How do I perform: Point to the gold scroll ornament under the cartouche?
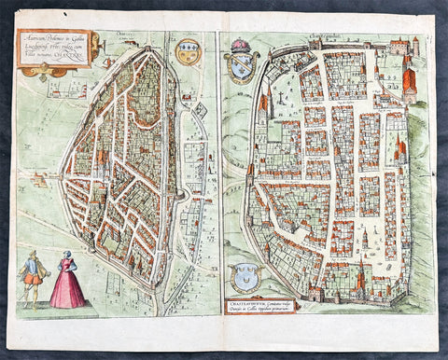(47, 70)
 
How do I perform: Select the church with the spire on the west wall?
(265, 103)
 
